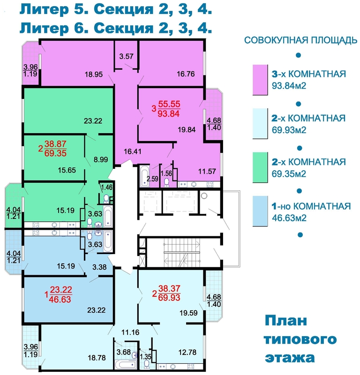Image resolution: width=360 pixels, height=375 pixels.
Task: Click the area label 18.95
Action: click(x=94, y=75)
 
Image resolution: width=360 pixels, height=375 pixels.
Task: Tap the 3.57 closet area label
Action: click(x=126, y=56)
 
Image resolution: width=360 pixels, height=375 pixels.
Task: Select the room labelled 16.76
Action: click(x=186, y=74)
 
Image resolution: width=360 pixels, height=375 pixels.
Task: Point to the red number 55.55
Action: click(x=169, y=104)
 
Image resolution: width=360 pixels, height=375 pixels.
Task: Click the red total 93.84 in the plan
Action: click(x=169, y=113)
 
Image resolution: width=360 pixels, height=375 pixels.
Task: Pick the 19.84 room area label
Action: click(x=187, y=130)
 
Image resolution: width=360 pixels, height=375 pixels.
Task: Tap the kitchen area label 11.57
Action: click(x=207, y=171)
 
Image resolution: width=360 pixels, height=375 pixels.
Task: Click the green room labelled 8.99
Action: click(x=101, y=159)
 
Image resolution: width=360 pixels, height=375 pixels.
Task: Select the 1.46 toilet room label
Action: click(x=107, y=187)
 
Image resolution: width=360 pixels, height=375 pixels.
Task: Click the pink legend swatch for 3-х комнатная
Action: click(x=260, y=80)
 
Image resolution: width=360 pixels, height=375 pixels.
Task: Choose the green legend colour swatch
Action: click(x=260, y=167)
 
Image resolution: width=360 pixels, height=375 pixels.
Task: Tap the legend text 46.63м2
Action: click(x=289, y=218)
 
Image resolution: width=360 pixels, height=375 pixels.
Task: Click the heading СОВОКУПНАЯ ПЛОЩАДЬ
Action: click(x=300, y=40)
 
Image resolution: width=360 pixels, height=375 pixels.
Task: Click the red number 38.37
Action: click(x=169, y=288)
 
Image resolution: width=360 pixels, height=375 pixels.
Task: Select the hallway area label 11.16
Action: click(x=130, y=332)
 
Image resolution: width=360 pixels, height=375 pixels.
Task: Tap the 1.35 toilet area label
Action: click(x=145, y=357)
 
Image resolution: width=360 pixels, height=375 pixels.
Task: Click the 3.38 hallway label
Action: click(x=99, y=267)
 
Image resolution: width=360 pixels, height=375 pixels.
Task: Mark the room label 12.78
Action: click(x=187, y=352)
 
